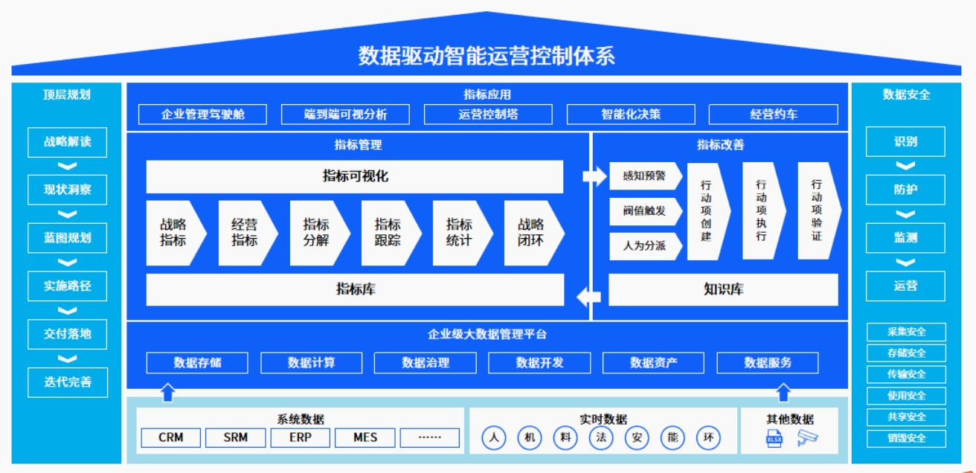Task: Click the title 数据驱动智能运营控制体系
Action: point(487,55)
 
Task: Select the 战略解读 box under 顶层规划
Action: point(67,142)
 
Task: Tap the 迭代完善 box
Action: point(67,382)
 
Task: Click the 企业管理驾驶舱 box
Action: point(202,115)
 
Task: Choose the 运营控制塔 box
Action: point(488,115)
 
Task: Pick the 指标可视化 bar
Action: point(355,176)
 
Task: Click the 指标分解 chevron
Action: point(318,232)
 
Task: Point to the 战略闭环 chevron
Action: point(532,232)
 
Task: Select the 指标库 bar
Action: point(355,289)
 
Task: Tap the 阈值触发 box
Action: point(644,211)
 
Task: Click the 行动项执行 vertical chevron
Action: point(762,210)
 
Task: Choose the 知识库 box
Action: point(723,289)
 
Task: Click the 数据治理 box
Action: point(426,363)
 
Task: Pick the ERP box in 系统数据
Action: point(300,437)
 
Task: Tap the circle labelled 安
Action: point(637,438)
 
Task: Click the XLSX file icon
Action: point(774,438)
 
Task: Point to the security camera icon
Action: point(807,438)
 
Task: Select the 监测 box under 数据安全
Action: point(905,238)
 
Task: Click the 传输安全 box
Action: point(906,374)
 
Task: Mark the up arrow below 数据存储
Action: point(168,391)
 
